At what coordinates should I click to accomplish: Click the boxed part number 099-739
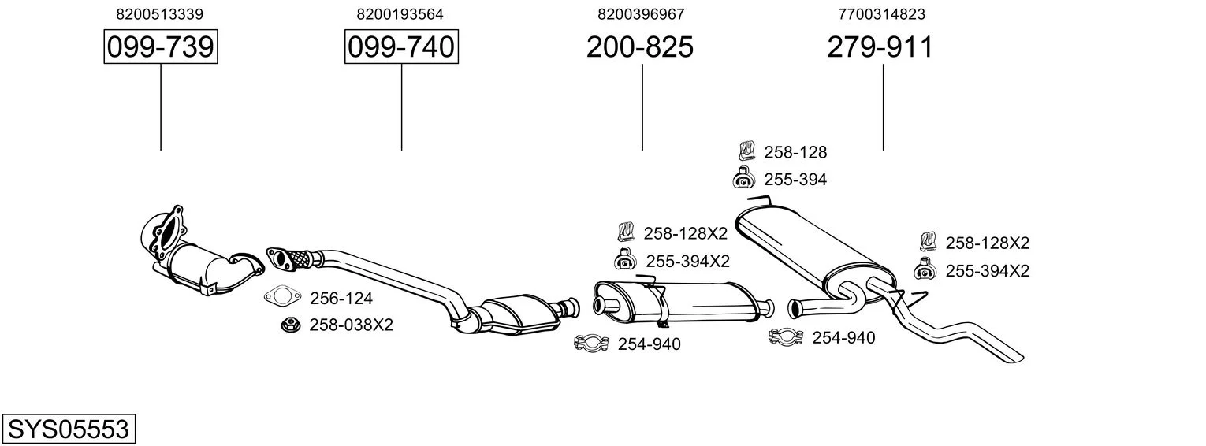pos(161,46)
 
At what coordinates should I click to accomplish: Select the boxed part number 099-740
pos(401,46)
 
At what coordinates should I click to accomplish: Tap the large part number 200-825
pos(639,46)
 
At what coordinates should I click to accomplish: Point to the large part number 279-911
pos(880,46)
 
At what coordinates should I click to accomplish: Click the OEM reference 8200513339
pos(160,14)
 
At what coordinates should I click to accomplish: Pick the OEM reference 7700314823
pos(881,14)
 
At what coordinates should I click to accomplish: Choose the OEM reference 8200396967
pos(641,14)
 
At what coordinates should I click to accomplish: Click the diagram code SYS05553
pos(69,429)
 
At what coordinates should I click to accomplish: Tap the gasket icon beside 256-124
pos(282,296)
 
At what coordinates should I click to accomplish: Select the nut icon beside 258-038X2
pos(290,325)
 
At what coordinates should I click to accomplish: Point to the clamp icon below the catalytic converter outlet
pos(591,343)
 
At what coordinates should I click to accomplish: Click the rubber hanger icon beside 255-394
pos(744,179)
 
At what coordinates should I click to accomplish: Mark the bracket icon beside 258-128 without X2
pos(746,151)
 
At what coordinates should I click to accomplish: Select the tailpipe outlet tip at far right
pos(1015,359)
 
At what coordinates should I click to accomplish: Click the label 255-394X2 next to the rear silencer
pos(988,270)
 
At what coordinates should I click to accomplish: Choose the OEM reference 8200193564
pos(400,14)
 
